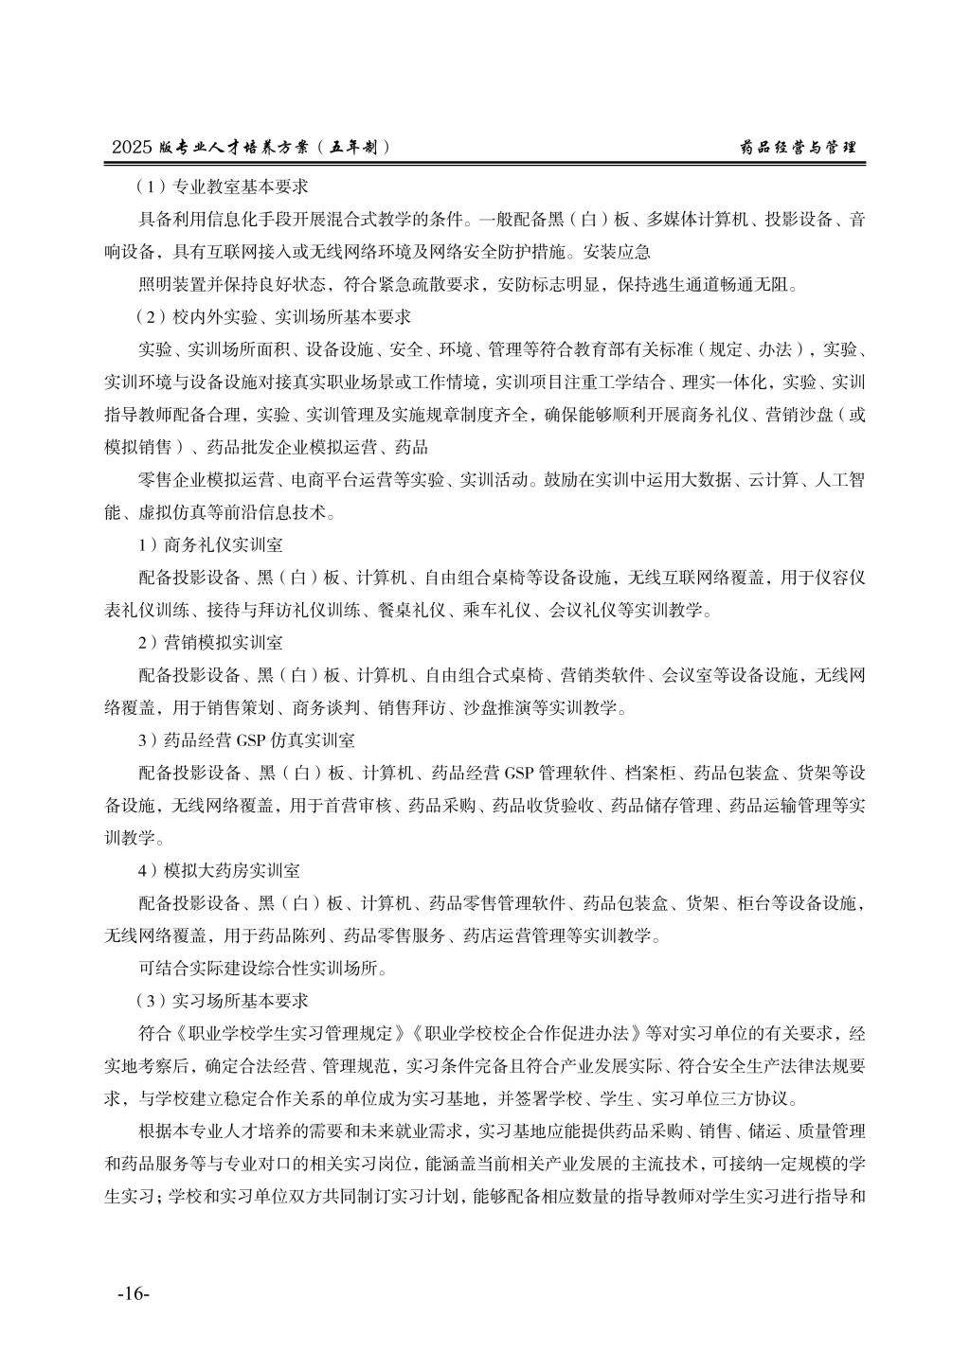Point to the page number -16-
point(133,1293)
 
